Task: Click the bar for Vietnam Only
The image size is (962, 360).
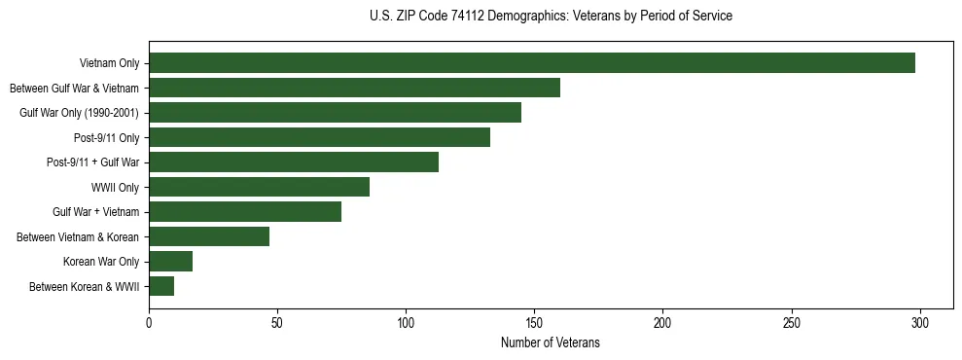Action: pos(532,63)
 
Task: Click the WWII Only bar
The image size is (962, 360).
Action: pos(259,187)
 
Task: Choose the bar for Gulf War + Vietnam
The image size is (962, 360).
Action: pos(245,212)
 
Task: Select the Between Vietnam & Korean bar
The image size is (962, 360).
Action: pos(209,236)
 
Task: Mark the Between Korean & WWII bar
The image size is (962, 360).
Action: pos(161,286)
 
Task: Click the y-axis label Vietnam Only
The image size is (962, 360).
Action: pos(110,64)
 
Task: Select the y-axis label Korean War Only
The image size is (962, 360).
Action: pos(102,262)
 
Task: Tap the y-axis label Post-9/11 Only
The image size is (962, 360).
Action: pos(107,138)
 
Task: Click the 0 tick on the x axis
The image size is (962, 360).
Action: pos(149,322)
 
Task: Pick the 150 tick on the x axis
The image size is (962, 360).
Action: pos(534,322)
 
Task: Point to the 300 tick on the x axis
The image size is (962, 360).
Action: pos(920,322)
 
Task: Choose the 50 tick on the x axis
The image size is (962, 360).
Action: pos(277,322)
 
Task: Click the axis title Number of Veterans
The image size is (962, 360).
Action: pos(551,342)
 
